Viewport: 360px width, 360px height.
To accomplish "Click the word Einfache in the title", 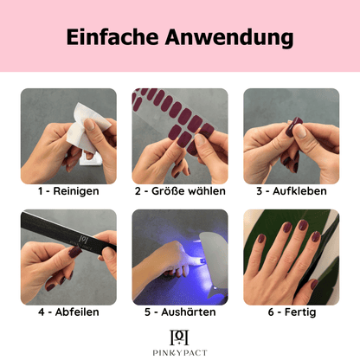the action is [x=112, y=37].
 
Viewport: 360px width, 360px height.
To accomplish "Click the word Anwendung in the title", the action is [x=229, y=38].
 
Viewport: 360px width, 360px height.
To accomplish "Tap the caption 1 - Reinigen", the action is [x=68, y=191].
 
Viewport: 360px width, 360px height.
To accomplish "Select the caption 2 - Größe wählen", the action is [x=180, y=191].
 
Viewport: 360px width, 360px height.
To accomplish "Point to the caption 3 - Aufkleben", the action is [x=292, y=191].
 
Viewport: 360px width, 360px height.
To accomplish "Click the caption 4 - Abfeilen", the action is [x=68, y=312].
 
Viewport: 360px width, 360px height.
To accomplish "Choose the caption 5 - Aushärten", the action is [x=180, y=312].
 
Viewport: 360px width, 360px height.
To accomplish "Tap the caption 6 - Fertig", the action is [x=292, y=312].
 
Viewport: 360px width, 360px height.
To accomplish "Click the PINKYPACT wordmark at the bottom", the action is [x=180, y=352].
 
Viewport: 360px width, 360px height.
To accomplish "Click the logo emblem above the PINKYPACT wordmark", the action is [x=179, y=337].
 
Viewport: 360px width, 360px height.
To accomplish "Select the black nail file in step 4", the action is [x=68, y=232].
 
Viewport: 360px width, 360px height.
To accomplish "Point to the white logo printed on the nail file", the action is [x=83, y=239].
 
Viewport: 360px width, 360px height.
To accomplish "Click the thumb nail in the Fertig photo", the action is [x=314, y=285].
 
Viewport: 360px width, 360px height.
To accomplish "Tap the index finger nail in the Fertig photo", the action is [x=316, y=236].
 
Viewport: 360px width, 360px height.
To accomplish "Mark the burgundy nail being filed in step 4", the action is [x=75, y=252].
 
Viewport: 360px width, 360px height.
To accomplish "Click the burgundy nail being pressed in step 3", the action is [x=292, y=126].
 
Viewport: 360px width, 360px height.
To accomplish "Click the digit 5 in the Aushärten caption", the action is [x=147, y=312].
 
